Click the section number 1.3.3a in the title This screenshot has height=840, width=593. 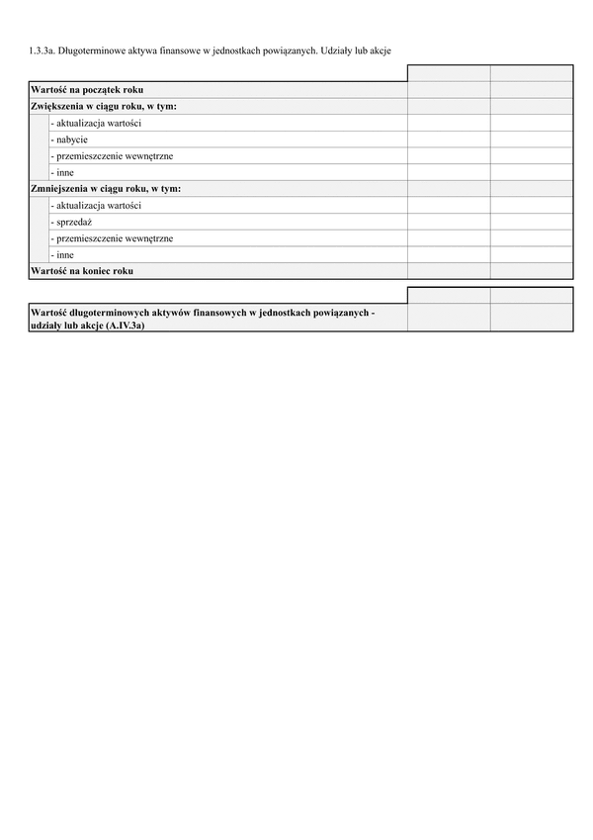click(42, 48)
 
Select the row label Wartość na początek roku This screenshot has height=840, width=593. click(87, 90)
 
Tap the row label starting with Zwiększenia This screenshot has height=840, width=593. click(104, 106)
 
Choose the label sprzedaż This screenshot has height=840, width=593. click(71, 222)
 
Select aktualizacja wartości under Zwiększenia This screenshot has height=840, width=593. click(95, 123)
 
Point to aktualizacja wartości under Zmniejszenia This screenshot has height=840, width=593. click(95, 205)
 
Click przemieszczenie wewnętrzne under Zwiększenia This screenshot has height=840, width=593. click(112, 155)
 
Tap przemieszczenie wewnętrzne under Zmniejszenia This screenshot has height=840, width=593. click(112, 237)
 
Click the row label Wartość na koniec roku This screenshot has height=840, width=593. click(82, 270)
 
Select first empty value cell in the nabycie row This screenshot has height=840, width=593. click(448, 140)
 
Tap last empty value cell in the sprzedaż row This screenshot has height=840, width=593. click(531, 222)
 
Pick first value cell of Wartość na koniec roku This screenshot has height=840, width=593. click(448, 270)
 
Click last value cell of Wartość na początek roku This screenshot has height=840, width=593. click(531, 90)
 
